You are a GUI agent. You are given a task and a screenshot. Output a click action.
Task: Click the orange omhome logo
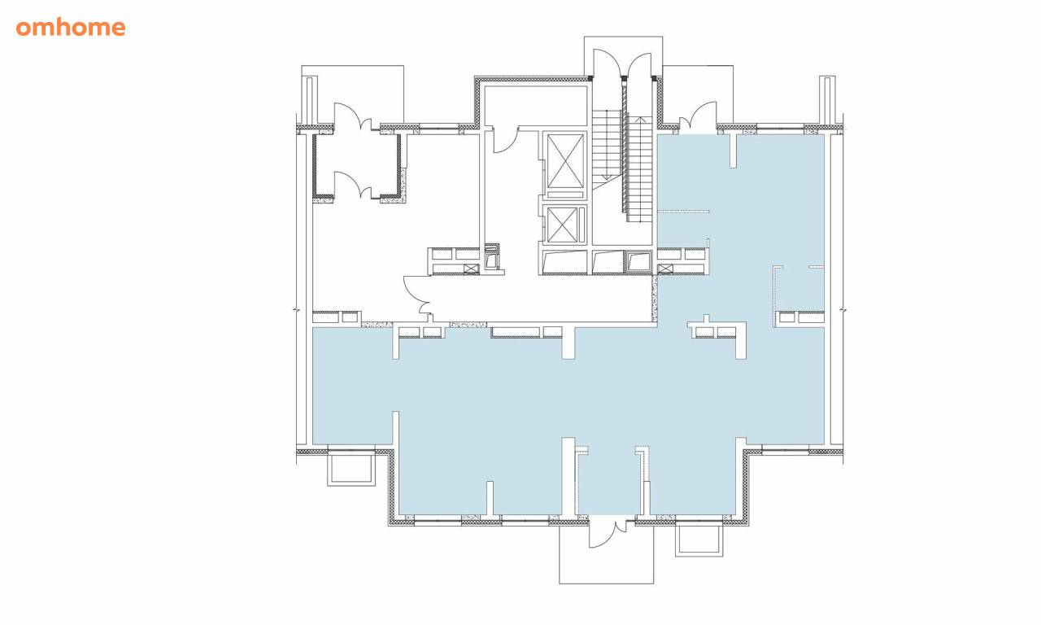71,28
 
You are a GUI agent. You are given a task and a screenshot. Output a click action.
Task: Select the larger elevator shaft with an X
565,161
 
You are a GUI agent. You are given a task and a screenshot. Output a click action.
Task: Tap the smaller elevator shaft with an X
562,225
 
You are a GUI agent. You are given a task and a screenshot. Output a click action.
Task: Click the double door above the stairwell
623,63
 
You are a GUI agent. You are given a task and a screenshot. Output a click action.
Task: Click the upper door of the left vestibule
353,116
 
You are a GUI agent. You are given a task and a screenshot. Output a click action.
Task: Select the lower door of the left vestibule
353,185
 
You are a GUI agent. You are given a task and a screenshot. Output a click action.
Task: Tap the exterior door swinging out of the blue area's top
698,116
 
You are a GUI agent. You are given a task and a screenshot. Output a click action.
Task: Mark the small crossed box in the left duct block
471,269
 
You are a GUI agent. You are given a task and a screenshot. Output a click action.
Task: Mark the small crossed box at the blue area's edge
665,269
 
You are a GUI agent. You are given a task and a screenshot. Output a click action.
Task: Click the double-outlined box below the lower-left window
351,470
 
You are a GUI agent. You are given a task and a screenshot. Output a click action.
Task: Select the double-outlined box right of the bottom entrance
699,540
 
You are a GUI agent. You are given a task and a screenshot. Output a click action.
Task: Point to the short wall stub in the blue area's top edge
733,151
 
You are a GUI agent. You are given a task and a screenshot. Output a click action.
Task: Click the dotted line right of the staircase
684,212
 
